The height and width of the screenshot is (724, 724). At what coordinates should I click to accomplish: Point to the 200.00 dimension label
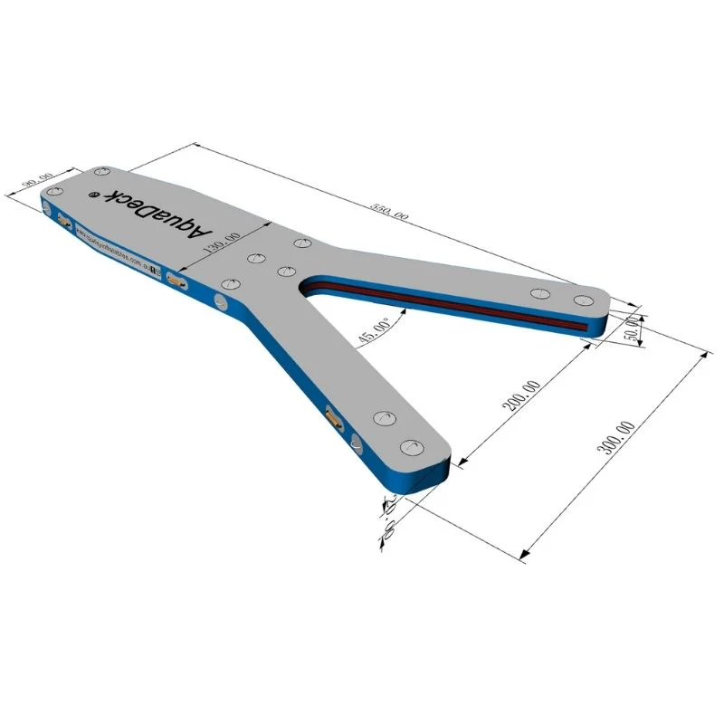pyautogui.click(x=522, y=396)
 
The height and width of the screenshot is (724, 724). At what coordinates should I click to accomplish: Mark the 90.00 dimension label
pyautogui.click(x=37, y=181)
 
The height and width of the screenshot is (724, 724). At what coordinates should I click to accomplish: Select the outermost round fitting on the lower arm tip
pyautogui.click(x=412, y=446)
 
